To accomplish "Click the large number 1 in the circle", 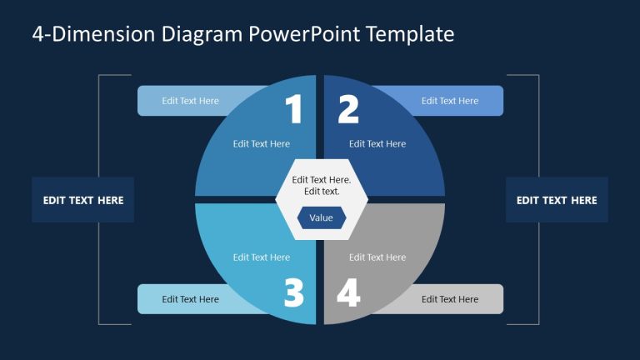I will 293,110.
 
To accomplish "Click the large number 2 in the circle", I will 347,110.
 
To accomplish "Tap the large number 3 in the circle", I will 293,292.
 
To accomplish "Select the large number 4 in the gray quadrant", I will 347,292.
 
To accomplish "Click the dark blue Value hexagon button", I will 321,217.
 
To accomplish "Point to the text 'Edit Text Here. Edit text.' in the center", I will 321,185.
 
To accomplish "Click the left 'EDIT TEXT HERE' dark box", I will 83,200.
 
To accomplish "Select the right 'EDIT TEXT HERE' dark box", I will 557,200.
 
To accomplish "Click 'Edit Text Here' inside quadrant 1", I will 262,143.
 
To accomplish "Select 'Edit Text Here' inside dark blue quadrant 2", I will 377,143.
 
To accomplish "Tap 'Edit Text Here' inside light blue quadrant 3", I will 262,257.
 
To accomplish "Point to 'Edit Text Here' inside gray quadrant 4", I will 377,257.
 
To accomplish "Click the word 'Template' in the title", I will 415,34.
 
